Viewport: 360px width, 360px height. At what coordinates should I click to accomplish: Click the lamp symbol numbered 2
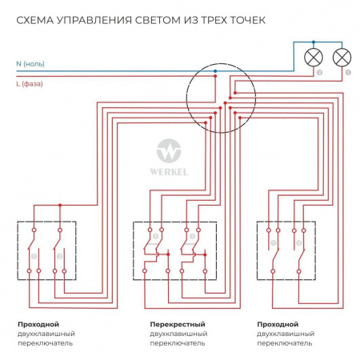pos(314,57)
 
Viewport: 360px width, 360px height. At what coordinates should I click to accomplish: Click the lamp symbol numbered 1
pos(342,57)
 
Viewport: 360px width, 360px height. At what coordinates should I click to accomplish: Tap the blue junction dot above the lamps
pos(314,42)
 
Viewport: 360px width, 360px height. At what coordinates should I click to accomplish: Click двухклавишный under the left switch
pos(46,334)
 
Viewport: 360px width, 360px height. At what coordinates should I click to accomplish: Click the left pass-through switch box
pos(46,251)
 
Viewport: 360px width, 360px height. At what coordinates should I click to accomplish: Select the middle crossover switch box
pos(174,251)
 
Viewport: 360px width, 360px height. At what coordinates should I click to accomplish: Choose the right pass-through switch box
pos(286,251)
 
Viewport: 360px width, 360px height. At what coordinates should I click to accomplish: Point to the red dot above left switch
pos(59,206)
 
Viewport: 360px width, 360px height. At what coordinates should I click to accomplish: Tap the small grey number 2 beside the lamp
pos(320,72)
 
